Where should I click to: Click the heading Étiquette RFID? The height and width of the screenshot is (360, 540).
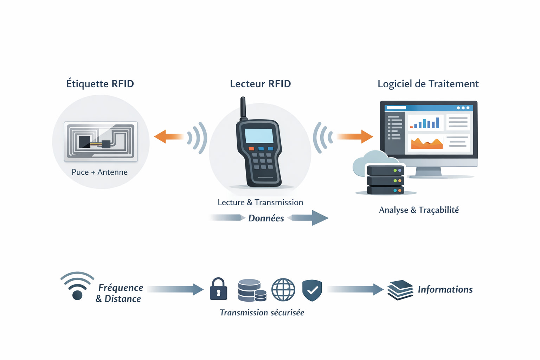pyautogui.click(x=100, y=84)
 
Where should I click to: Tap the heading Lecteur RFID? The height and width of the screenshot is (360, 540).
pyautogui.click(x=260, y=84)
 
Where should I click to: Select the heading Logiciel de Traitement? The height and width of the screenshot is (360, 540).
pyautogui.click(x=428, y=84)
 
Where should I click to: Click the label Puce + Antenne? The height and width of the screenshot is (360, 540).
pyautogui.click(x=99, y=172)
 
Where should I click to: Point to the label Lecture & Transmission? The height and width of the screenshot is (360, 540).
pyautogui.click(x=260, y=202)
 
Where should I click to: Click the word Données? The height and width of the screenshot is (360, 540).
pyautogui.click(x=266, y=218)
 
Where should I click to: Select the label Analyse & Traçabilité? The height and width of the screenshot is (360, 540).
pyautogui.click(x=419, y=210)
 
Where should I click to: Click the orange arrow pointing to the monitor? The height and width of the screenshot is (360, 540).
pyautogui.click(x=355, y=136)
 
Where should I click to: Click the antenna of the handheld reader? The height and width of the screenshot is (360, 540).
pyautogui.click(x=243, y=108)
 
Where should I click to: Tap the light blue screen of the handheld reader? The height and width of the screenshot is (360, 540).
pyautogui.click(x=259, y=136)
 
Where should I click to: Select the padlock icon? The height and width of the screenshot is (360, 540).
pyautogui.click(x=218, y=289)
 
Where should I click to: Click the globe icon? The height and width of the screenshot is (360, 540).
pyautogui.click(x=283, y=290)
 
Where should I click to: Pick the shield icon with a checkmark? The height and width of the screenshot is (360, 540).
pyautogui.click(x=312, y=290)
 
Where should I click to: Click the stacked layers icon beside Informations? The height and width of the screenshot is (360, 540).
pyautogui.click(x=400, y=290)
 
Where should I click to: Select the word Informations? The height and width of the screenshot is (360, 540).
pyautogui.click(x=445, y=290)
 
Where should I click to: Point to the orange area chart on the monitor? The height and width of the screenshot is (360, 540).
pyautogui.click(x=427, y=143)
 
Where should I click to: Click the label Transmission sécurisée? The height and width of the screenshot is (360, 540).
pyautogui.click(x=262, y=313)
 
